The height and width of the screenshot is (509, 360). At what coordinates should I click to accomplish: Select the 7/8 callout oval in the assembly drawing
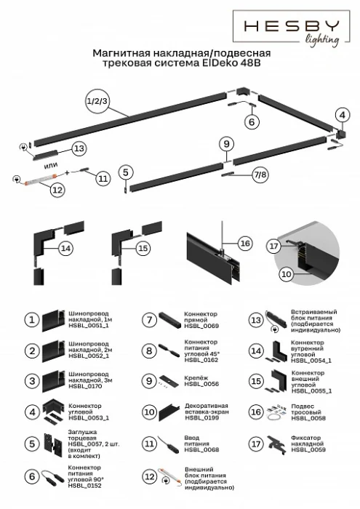(x=260, y=175)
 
